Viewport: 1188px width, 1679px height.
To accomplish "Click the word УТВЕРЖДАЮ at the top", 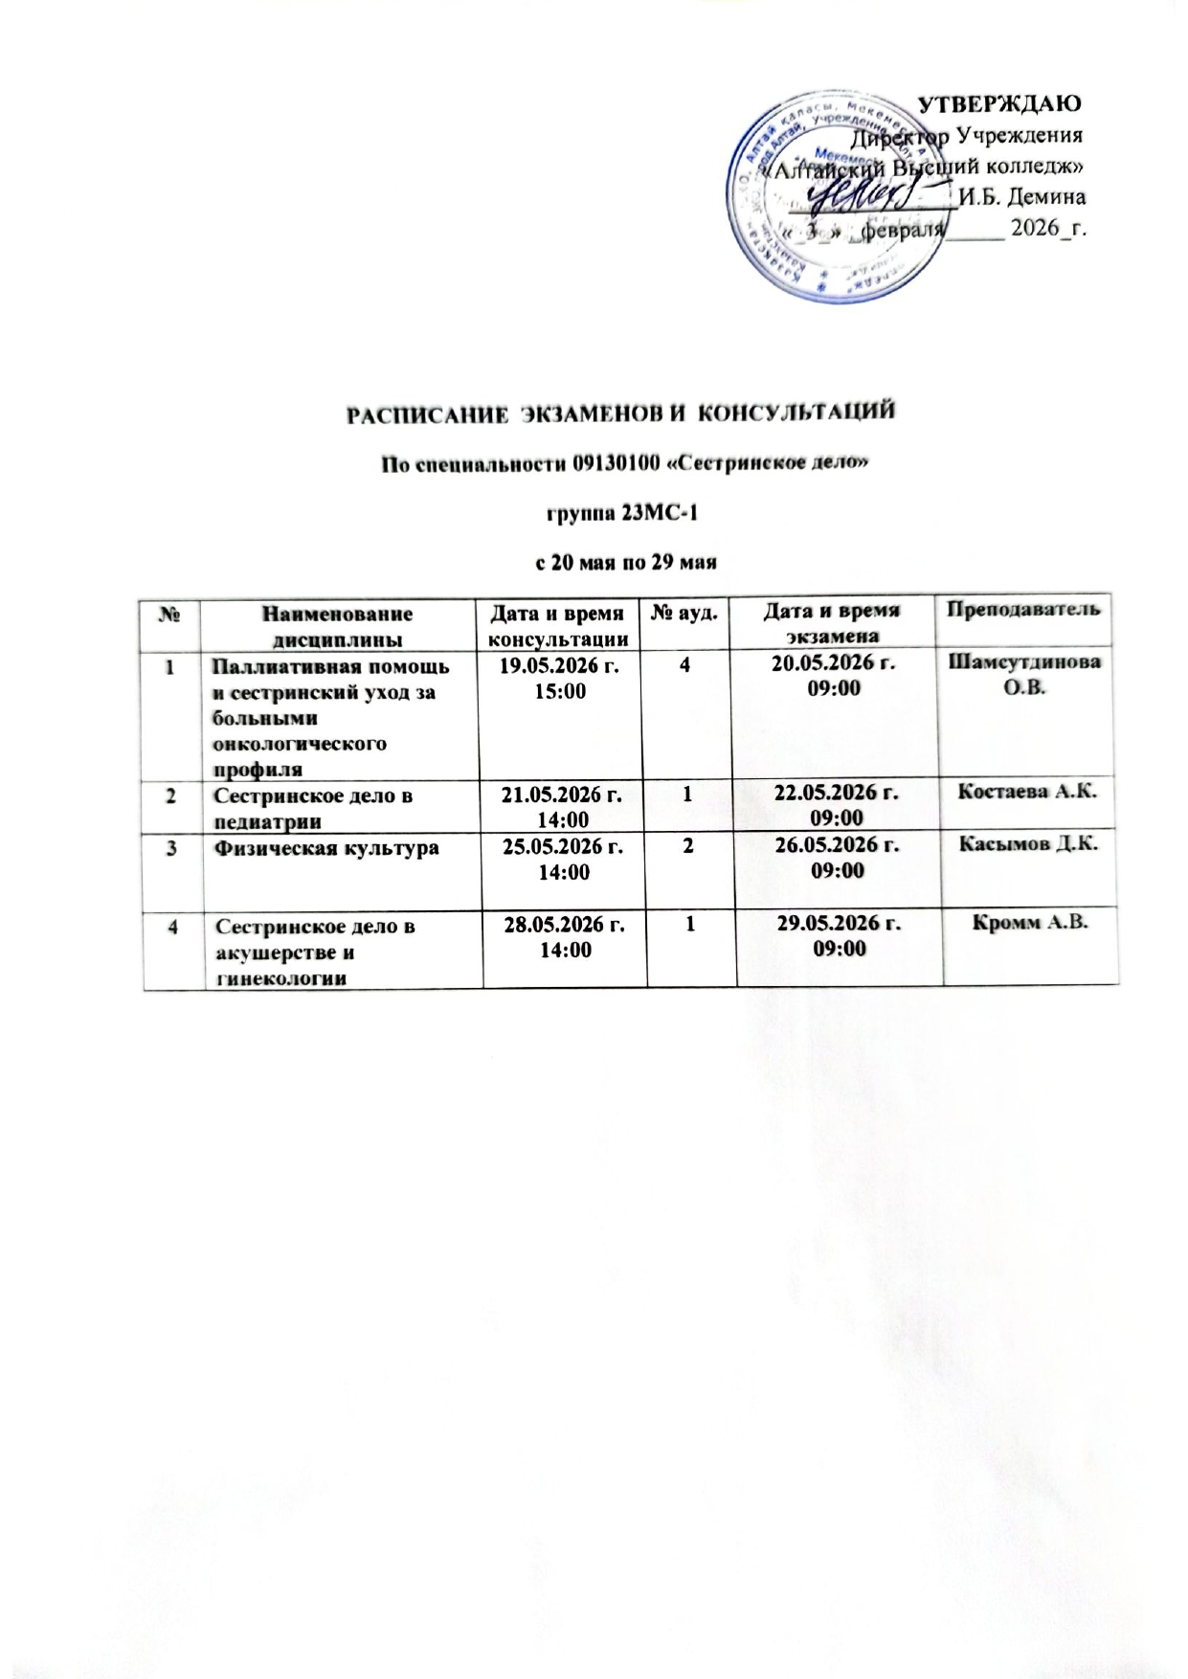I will [x=999, y=103].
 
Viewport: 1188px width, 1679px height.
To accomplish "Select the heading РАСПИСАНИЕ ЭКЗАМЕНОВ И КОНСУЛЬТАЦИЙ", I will [x=620, y=414].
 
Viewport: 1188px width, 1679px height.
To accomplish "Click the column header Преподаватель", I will [x=1030, y=610].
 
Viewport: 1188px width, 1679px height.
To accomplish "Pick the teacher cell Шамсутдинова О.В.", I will [x=1030, y=677].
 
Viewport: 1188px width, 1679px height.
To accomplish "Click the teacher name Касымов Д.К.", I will [x=1030, y=844].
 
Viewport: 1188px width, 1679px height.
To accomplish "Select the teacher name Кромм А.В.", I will [x=1030, y=923].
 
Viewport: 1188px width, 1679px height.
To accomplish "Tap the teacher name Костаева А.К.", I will [x=1030, y=792].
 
